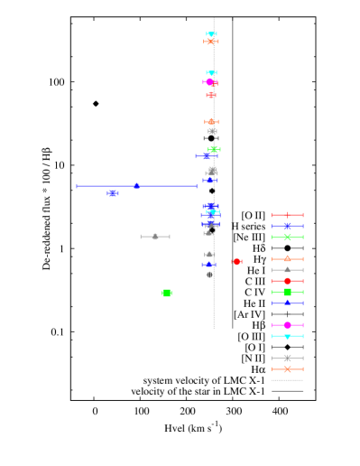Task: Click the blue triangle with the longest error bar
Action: click(x=136, y=186)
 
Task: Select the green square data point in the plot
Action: click(x=167, y=293)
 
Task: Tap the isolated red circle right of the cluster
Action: click(x=236, y=261)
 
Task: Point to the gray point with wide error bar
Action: click(x=155, y=237)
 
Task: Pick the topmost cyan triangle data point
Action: click(x=211, y=34)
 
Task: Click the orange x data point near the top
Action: click(x=210, y=42)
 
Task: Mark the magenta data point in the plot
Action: click(x=209, y=82)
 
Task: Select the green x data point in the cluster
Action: click(x=214, y=149)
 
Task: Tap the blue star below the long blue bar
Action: click(x=112, y=193)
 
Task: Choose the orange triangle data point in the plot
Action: click(x=211, y=121)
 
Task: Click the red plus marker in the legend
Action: click(x=287, y=215)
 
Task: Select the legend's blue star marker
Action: click(x=287, y=226)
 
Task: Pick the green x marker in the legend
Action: click(x=287, y=238)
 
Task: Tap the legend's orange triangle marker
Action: click(x=287, y=259)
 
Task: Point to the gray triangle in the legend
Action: click(x=287, y=270)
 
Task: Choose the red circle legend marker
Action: click(x=287, y=281)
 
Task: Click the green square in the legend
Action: click(x=287, y=292)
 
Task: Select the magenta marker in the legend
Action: click(x=287, y=325)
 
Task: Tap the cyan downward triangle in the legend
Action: click(x=287, y=336)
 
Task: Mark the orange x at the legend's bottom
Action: click(x=287, y=368)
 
